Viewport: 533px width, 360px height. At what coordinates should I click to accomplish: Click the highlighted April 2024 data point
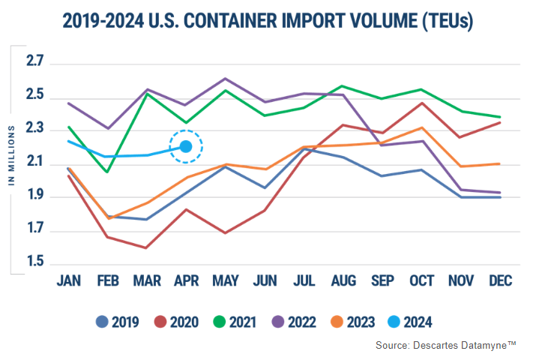point(186,147)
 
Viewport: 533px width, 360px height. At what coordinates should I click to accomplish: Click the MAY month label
point(225,280)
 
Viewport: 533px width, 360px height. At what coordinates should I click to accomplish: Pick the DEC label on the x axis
point(499,280)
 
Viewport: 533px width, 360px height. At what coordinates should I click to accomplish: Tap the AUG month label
point(343,280)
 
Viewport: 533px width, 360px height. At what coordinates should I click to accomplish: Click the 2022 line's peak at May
point(226,78)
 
